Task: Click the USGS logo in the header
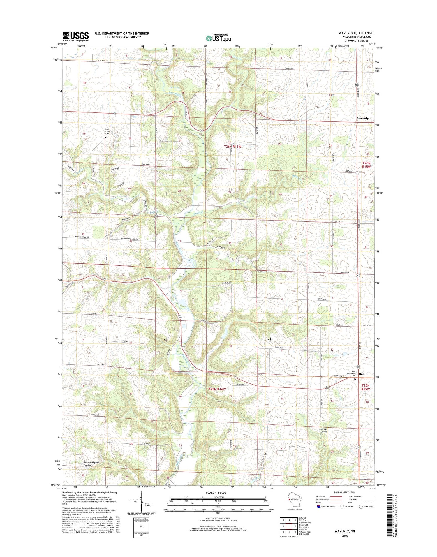click(x=75, y=36)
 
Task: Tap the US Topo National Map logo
click(x=218, y=38)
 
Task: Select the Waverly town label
click(x=363, y=119)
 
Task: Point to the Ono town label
click(x=362, y=374)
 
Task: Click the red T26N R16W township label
click(x=233, y=147)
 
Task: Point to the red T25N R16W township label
click(x=217, y=389)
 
